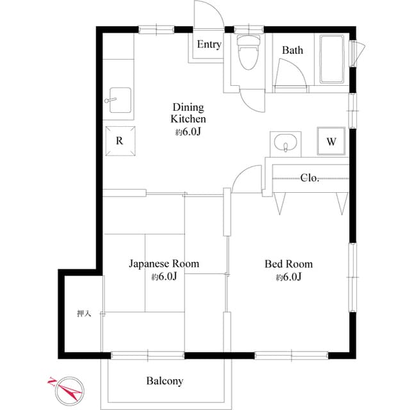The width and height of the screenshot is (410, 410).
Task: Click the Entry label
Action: tap(209, 44)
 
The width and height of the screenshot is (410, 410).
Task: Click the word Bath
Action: tap(293, 50)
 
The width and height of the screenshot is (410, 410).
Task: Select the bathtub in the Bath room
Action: tap(332, 60)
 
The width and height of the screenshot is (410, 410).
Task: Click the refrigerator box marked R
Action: tap(119, 142)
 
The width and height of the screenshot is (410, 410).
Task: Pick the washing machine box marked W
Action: tap(331, 142)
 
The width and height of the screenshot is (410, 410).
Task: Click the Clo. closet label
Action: tap(310, 178)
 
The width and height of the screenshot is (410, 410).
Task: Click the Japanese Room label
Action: tap(163, 263)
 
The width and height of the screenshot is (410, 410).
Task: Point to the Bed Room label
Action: tap(288, 263)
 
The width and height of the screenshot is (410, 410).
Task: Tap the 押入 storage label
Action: tap(84, 313)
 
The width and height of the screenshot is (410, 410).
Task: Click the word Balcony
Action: tap(165, 381)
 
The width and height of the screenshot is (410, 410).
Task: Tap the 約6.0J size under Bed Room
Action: tap(288, 277)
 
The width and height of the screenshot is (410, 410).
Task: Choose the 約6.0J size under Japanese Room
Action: tap(163, 277)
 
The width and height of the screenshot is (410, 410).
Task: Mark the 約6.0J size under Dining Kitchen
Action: tap(188, 133)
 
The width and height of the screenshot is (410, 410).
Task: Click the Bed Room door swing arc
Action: tap(246, 179)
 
